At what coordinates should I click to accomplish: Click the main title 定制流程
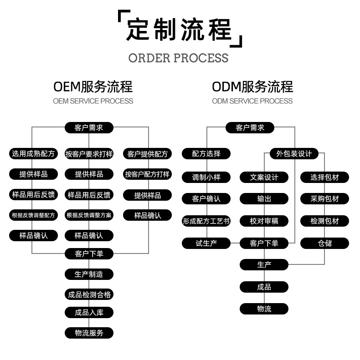[x=179, y=30]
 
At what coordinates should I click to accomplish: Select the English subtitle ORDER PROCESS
[x=178, y=58]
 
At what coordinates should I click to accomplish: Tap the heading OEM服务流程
[x=93, y=86]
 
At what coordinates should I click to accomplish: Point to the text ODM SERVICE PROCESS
[x=252, y=101]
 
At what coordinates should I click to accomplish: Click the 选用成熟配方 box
[x=33, y=154]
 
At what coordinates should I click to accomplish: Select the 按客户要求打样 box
[x=89, y=154]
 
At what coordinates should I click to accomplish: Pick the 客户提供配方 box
[x=147, y=154]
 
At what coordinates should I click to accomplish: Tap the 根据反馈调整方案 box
[x=89, y=215]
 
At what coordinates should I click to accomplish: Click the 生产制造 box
[x=89, y=274]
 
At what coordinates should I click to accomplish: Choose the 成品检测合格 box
[x=89, y=295]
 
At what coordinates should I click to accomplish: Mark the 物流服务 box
[x=89, y=333]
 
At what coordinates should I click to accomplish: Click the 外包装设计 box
[x=294, y=154]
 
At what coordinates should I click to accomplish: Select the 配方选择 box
[x=206, y=154]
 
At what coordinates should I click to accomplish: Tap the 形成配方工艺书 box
[x=206, y=222]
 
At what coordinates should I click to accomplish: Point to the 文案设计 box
[x=264, y=177]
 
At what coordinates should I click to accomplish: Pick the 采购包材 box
[x=324, y=199]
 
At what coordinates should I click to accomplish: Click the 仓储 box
[x=324, y=243]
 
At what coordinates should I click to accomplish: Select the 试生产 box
[x=206, y=243]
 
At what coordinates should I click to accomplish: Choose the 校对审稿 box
[x=264, y=222]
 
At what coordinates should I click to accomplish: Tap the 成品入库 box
[x=89, y=313]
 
